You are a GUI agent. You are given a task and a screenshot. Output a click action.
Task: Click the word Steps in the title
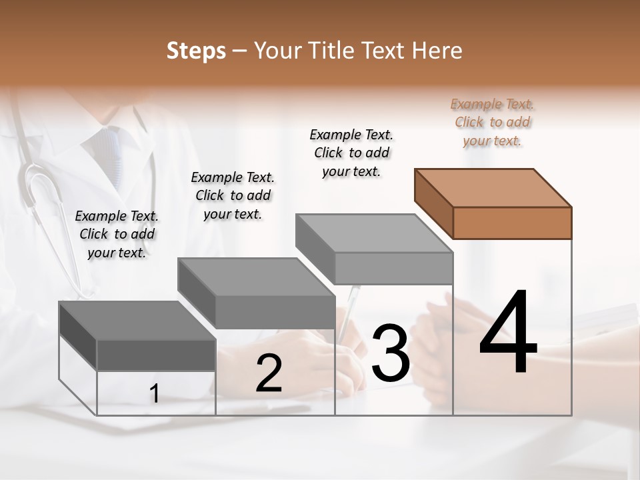pyautogui.click(x=196, y=51)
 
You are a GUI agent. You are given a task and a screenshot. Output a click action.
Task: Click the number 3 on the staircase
pyautogui.click(x=391, y=353)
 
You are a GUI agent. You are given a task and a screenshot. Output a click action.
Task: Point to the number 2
pyautogui.click(x=269, y=374)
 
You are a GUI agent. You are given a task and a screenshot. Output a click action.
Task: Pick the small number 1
pyautogui.click(x=154, y=394)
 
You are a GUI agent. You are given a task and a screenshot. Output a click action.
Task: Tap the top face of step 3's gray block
pyautogui.click(x=373, y=233)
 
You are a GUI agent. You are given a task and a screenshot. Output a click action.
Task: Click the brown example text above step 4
pyautogui.click(x=493, y=122)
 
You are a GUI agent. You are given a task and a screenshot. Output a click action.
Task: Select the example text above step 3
pyautogui.click(x=351, y=153)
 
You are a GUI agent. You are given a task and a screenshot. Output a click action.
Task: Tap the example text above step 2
pyautogui.click(x=233, y=195)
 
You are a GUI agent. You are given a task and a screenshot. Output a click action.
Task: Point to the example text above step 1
pyautogui.click(x=117, y=234)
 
